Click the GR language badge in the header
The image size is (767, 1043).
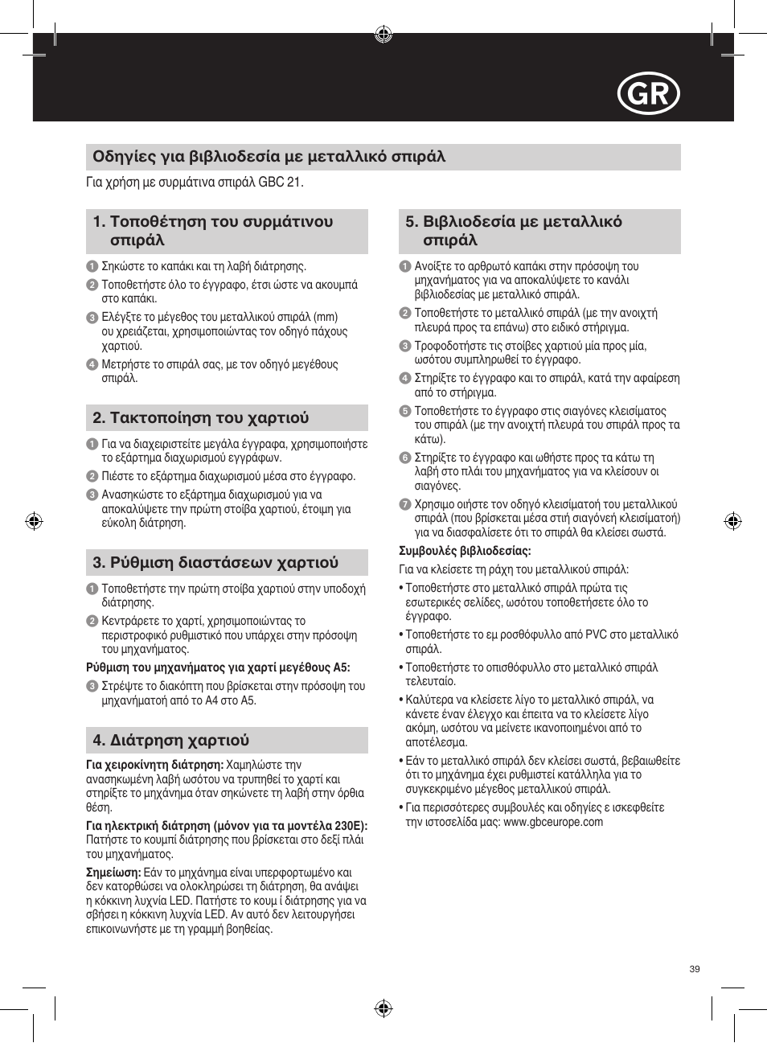click(649, 95)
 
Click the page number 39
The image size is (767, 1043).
click(695, 969)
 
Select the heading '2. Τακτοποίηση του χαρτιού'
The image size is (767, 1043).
click(201, 417)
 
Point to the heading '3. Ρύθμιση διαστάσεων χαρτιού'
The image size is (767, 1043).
click(215, 562)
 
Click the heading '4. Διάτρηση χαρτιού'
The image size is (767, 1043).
click(171, 740)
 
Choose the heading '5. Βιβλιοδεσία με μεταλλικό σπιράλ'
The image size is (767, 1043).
click(514, 231)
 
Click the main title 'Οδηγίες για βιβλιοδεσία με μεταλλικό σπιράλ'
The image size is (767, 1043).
click(269, 157)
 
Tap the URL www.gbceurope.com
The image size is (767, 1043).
click(552, 822)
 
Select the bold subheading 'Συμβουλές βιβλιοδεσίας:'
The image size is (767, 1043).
click(465, 551)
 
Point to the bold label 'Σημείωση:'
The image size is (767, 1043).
click(113, 873)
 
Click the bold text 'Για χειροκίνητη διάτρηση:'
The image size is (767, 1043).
click(154, 765)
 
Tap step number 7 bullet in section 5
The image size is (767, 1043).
click(405, 505)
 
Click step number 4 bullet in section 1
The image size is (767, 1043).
click(92, 364)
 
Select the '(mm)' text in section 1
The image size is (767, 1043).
click(326, 317)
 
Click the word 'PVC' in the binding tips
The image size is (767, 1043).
click(596, 634)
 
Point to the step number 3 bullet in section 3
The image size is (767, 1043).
click(92, 687)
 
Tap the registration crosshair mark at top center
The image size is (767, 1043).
click(383, 34)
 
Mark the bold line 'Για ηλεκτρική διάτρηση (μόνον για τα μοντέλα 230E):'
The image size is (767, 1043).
click(227, 826)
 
